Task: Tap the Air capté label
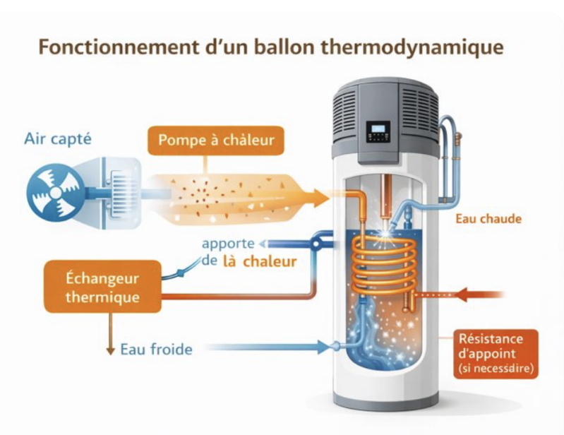click(x=58, y=139)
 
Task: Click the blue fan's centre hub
click(x=55, y=193)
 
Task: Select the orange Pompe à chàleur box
click(x=216, y=141)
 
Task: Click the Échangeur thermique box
click(x=102, y=287)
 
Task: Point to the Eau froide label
click(x=156, y=350)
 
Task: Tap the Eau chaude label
click(x=488, y=219)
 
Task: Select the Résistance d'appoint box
click(x=496, y=354)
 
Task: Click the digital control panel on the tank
click(x=379, y=132)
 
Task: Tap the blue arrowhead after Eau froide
click(x=323, y=347)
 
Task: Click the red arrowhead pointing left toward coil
click(x=461, y=294)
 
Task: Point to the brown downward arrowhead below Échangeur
click(x=111, y=350)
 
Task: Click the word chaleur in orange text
click(x=270, y=261)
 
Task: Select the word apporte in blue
click(x=228, y=244)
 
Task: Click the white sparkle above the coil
click(x=386, y=234)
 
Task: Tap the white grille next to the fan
click(x=122, y=193)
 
